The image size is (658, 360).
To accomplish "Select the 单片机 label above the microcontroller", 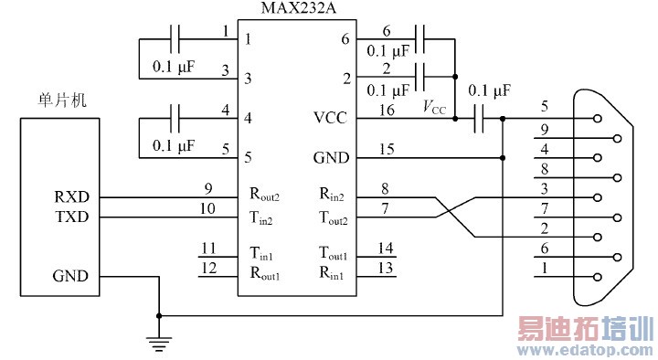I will (55, 101).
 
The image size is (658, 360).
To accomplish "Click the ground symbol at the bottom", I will (160, 342).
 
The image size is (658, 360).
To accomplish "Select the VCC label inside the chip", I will (331, 117).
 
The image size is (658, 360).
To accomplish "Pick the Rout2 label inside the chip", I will (265, 196).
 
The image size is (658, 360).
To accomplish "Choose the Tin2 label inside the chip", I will (262, 217).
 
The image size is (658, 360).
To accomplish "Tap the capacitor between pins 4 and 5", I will (177, 117).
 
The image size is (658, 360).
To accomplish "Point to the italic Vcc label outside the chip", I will (434, 108).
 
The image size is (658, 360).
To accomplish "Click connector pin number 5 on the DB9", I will (545, 106).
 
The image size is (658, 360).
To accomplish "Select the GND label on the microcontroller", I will (70, 276).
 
